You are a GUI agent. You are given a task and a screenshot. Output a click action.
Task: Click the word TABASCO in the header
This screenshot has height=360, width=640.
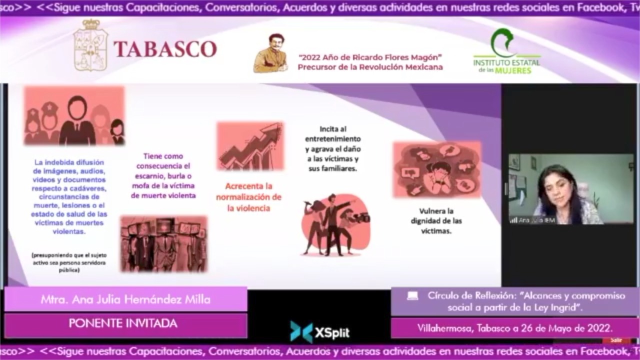click(x=165, y=49)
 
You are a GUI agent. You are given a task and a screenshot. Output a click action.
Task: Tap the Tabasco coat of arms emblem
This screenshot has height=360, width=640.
click(x=90, y=46)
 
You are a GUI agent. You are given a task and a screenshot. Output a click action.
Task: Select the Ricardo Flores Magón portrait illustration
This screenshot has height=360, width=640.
click(x=270, y=53)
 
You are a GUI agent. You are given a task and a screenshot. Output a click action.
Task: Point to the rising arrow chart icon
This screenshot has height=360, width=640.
click(x=250, y=146)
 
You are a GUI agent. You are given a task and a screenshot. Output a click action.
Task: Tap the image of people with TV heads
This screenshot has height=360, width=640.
click(x=163, y=244)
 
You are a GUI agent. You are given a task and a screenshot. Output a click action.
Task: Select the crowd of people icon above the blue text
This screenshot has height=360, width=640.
click(x=74, y=116)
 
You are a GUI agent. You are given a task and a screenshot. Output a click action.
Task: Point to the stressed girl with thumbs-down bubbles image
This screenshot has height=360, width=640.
click(x=436, y=169)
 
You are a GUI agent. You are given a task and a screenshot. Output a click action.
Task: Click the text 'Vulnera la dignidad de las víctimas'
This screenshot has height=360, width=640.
click(x=436, y=221)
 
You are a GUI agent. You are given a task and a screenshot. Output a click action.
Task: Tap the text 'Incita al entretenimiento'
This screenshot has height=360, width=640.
click(x=333, y=134)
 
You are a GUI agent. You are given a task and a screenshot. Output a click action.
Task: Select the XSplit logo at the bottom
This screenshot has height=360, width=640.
click(x=320, y=332)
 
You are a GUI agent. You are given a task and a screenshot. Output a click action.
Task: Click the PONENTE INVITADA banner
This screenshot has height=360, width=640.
click(x=123, y=323)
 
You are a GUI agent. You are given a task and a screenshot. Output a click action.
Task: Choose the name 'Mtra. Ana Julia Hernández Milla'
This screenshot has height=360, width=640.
click(x=125, y=299)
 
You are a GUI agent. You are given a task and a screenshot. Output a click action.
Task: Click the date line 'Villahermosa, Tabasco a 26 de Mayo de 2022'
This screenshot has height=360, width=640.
click(x=514, y=328)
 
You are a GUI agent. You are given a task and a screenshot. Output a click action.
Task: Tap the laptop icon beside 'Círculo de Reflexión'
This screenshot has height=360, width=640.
click(x=412, y=296)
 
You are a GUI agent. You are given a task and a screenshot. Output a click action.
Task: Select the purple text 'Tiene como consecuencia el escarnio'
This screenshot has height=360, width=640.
click(x=163, y=175)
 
